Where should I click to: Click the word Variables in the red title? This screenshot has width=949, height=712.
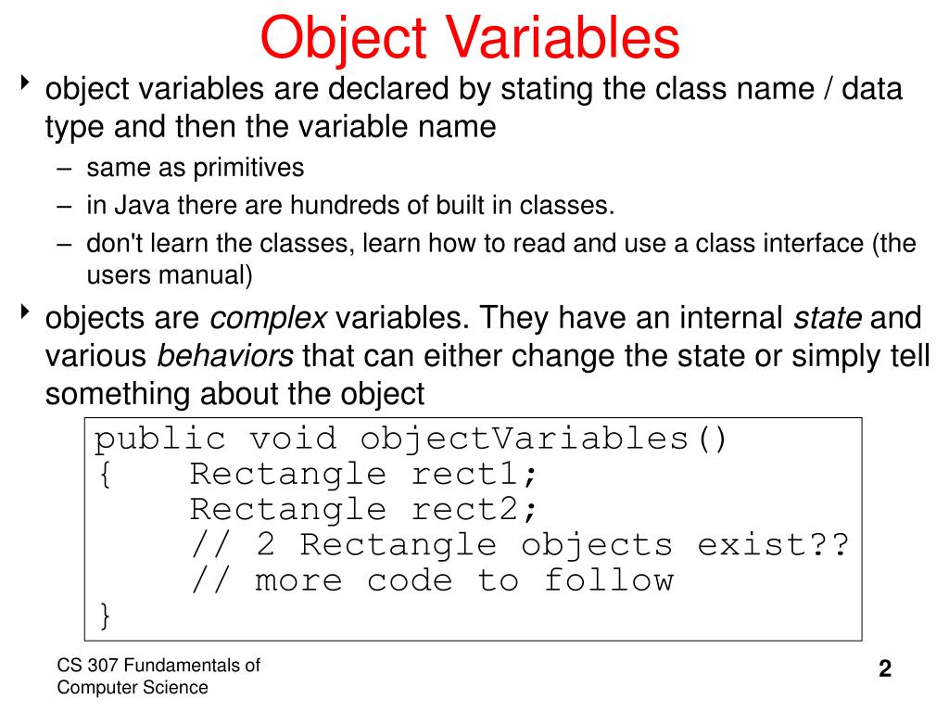point(565,38)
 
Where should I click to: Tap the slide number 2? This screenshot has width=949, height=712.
point(885,669)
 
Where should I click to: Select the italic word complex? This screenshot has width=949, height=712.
point(269,319)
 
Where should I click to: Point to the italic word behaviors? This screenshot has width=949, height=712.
point(226,356)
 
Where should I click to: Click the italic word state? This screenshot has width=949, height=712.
point(828,319)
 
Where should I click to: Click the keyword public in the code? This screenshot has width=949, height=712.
point(159,439)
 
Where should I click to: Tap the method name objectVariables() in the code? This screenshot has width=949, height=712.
point(545,439)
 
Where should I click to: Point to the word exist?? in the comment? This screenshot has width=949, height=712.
point(773,545)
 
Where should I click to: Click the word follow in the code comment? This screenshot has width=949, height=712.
point(609,580)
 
